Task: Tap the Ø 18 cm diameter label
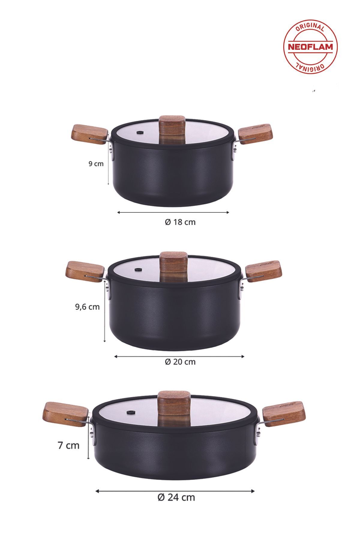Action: [180, 222]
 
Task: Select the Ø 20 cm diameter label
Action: [180, 362]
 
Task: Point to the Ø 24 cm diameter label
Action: [176, 497]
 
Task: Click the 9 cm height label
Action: [96, 164]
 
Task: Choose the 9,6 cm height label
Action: [87, 307]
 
